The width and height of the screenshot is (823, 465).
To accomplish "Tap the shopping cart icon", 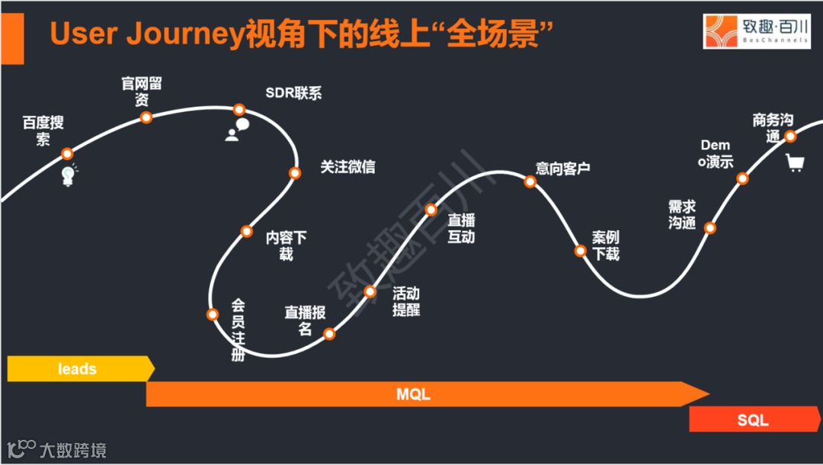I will pyautogui.click(x=795, y=162).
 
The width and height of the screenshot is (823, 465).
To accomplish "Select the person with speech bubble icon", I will pyautogui.click(x=237, y=130).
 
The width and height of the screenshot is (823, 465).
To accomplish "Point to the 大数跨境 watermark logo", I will pyautogui.click(x=57, y=449).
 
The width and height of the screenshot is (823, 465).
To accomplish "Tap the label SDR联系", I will pyautogui.click(x=293, y=93).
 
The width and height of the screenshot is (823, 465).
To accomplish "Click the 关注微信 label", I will pyautogui.click(x=347, y=167).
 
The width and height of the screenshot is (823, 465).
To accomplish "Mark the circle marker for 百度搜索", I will pyautogui.click(x=67, y=153).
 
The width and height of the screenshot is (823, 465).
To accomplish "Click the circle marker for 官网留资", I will pyautogui.click(x=146, y=117).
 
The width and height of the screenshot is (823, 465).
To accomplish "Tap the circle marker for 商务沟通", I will pyautogui.click(x=790, y=136).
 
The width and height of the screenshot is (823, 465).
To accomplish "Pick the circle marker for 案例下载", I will pyautogui.click(x=580, y=251).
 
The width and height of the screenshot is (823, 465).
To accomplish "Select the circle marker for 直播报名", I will pyautogui.click(x=329, y=333).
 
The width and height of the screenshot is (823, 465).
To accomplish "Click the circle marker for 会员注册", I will pyautogui.click(x=213, y=314).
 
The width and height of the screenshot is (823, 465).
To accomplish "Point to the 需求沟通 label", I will pyautogui.click(x=682, y=215).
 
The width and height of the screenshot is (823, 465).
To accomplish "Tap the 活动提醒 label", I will pyautogui.click(x=406, y=301).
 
